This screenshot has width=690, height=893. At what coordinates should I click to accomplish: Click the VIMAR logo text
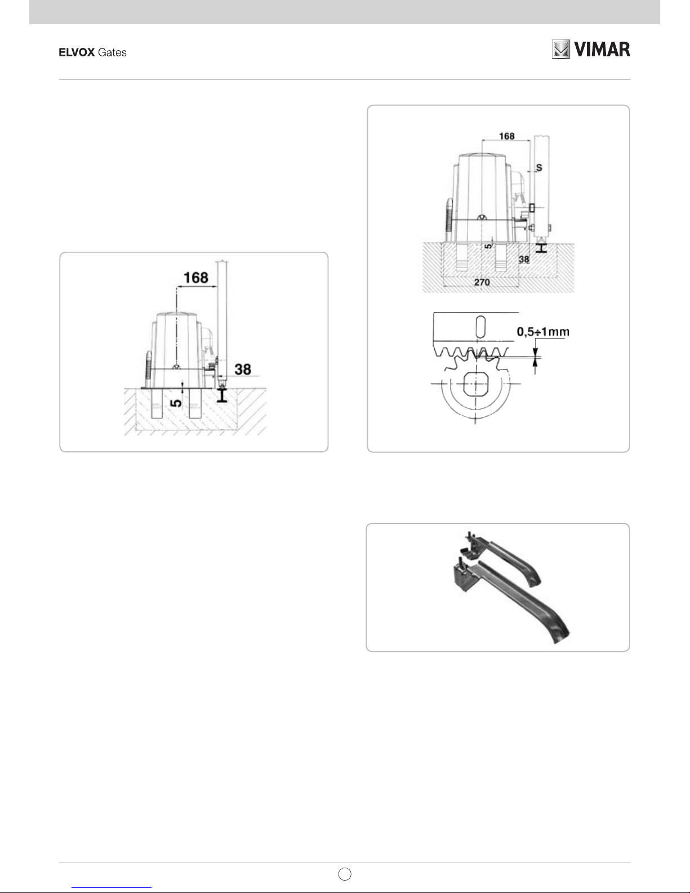click(602, 50)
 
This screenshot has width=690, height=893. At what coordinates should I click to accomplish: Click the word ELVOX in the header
click(77, 52)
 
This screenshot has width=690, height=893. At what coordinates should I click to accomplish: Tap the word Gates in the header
click(112, 52)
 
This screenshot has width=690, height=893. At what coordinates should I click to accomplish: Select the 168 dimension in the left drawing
click(196, 278)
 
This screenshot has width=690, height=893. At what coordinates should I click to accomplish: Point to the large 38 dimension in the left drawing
click(243, 369)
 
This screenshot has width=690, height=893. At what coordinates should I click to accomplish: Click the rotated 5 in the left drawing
click(176, 403)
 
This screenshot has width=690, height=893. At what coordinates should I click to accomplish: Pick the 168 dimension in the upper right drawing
click(507, 136)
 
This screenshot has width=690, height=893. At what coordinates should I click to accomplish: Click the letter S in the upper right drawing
click(539, 168)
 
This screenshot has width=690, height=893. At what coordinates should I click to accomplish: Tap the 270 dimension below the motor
click(482, 282)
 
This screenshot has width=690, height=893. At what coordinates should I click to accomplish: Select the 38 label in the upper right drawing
click(524, 259)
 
